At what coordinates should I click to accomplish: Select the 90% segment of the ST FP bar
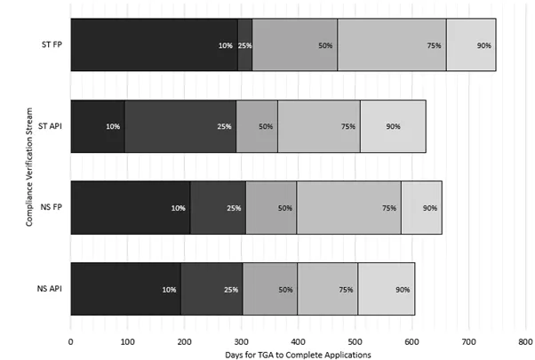click(471, 44)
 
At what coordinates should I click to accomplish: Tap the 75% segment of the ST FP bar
click(392, 44)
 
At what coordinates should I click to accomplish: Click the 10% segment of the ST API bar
click(98, 126)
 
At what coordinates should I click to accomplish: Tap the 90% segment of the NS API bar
click(387, 289)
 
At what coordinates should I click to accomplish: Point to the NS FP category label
click(50, 207)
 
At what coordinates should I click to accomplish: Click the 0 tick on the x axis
click(71, 339)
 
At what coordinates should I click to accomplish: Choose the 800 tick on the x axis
click(525, 339)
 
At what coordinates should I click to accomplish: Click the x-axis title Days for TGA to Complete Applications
click(298, 354)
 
